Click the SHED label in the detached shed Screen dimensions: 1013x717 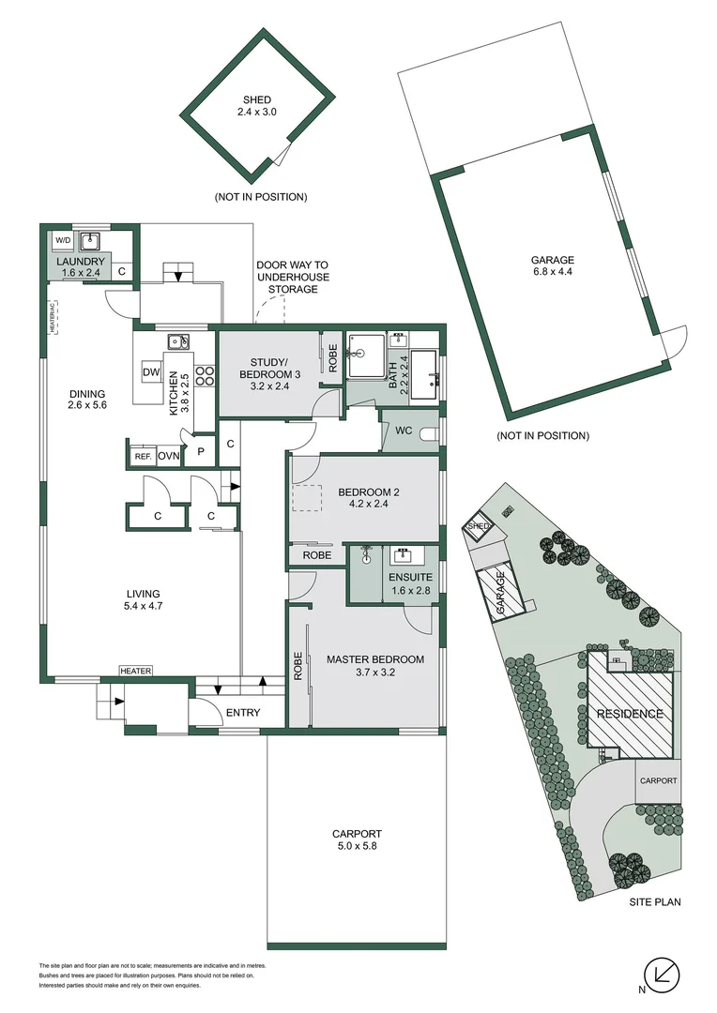click(x=256, y=100)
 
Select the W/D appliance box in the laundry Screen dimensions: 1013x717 click(x=62, y=240)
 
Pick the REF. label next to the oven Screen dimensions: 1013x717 click(x=143, y=456)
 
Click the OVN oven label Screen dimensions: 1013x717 click(x=169, y=456)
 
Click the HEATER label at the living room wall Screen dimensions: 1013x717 click(x=135, y=671)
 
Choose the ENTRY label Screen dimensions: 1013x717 click(x=242, y=714)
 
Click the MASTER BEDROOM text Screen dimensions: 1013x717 click(x=374, y=659)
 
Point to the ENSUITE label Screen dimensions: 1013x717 click(x=409, y=578)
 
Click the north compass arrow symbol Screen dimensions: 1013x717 click(x=664, y=975)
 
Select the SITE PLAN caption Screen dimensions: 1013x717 click(x=654, y=902)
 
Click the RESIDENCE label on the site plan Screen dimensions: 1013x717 click(x=630, y=714)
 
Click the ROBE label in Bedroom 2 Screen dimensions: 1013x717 click(x=315, y=555)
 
